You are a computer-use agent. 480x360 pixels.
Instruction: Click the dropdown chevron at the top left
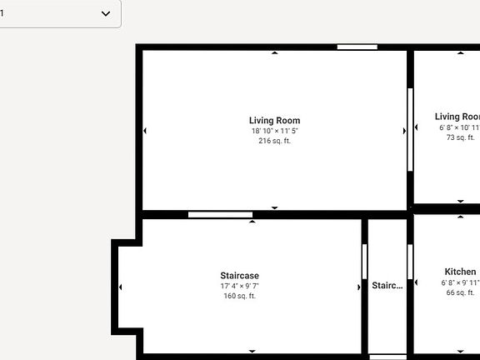pos(106,13)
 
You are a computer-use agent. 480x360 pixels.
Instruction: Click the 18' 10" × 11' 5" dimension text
pos(274,131)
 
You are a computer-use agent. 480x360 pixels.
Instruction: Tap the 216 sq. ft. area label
pos(274,141)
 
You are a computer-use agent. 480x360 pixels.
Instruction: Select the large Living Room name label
pos(274,121)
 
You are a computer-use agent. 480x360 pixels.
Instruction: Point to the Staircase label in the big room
pos(239,276)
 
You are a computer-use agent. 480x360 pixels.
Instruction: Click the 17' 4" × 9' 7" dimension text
pos(239,286)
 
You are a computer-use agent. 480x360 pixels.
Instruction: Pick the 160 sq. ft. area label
pos(239,296)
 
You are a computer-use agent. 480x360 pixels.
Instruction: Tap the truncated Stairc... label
pos(387,285)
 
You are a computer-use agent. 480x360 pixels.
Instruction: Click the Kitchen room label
pos(460,272)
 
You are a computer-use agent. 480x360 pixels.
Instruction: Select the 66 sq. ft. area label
pos(460,292)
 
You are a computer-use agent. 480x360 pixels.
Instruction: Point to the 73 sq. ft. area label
pos(461,137)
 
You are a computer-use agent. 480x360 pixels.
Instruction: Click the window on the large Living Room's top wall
pos(357,47)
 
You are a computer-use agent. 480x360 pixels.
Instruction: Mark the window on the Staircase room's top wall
pos(220,215)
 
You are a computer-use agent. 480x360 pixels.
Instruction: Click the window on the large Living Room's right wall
pos(410,129)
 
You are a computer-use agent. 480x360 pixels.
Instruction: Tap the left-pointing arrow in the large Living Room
pos(145,131)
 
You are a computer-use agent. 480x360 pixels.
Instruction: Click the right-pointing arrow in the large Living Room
pos(404,131)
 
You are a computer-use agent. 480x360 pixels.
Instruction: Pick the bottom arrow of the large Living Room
pos(275,207)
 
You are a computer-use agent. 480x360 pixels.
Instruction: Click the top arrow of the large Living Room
pos(275,53)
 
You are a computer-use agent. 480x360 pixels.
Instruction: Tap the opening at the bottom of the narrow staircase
pos(387,357)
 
